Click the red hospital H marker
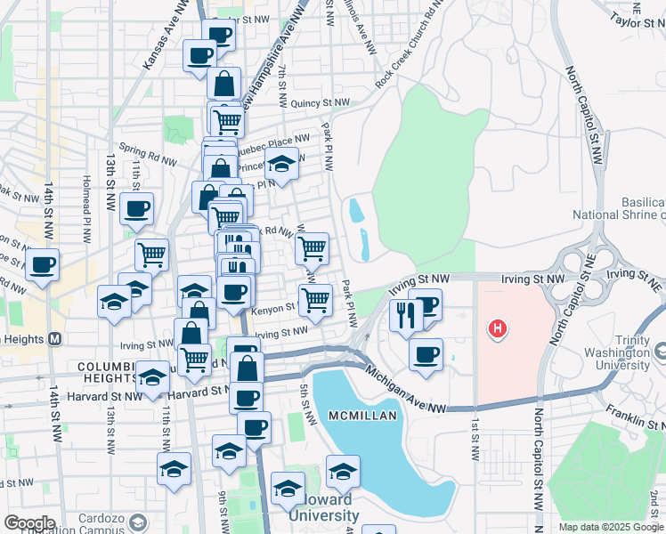(499, 330)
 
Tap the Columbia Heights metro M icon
(55, 339)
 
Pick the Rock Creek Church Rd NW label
(409, 54)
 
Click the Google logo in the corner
(28, 522)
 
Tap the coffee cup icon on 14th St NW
(42, 263)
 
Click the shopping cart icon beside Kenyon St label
(316, 299)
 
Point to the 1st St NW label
(475, 440)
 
